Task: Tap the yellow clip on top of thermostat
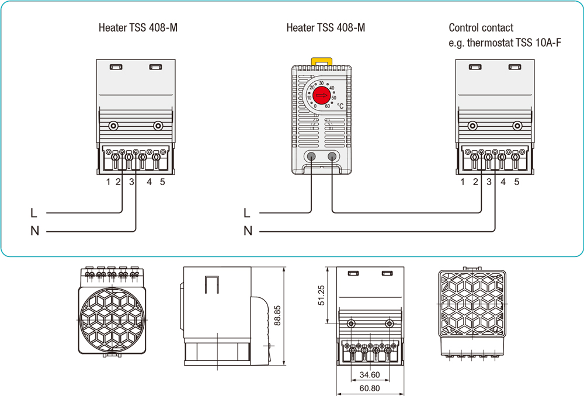[x=321, y=61]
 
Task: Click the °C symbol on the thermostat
[x=340, y=106]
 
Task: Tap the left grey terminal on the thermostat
[x=311, y=156]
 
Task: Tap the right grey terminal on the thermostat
[x=332, y=156]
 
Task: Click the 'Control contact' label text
[x=481, y=27]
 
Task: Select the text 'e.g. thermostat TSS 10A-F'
[x=505, y=42]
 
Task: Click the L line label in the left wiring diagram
[x=34, y=213]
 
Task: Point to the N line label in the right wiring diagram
[x=248, y=231]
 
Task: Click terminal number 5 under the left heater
[x=162, y=182]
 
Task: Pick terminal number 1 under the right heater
[x=463, y=182]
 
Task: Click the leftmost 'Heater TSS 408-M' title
[x=138, y=27]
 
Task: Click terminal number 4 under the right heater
[x=503, y=182]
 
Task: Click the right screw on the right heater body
[x=516, y=125]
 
